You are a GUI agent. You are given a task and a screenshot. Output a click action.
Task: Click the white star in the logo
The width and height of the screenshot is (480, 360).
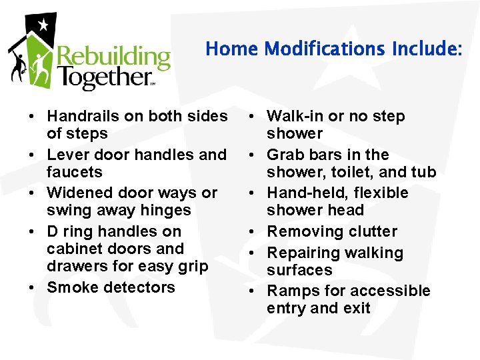coord(43,25)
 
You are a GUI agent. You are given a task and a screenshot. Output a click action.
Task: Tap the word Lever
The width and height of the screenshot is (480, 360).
coord(66,155)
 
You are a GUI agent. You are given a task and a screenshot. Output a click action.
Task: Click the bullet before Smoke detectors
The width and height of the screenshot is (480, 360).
coord(32,288)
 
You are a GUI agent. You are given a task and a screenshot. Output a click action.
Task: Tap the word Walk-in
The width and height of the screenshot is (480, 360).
coord(295,116)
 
